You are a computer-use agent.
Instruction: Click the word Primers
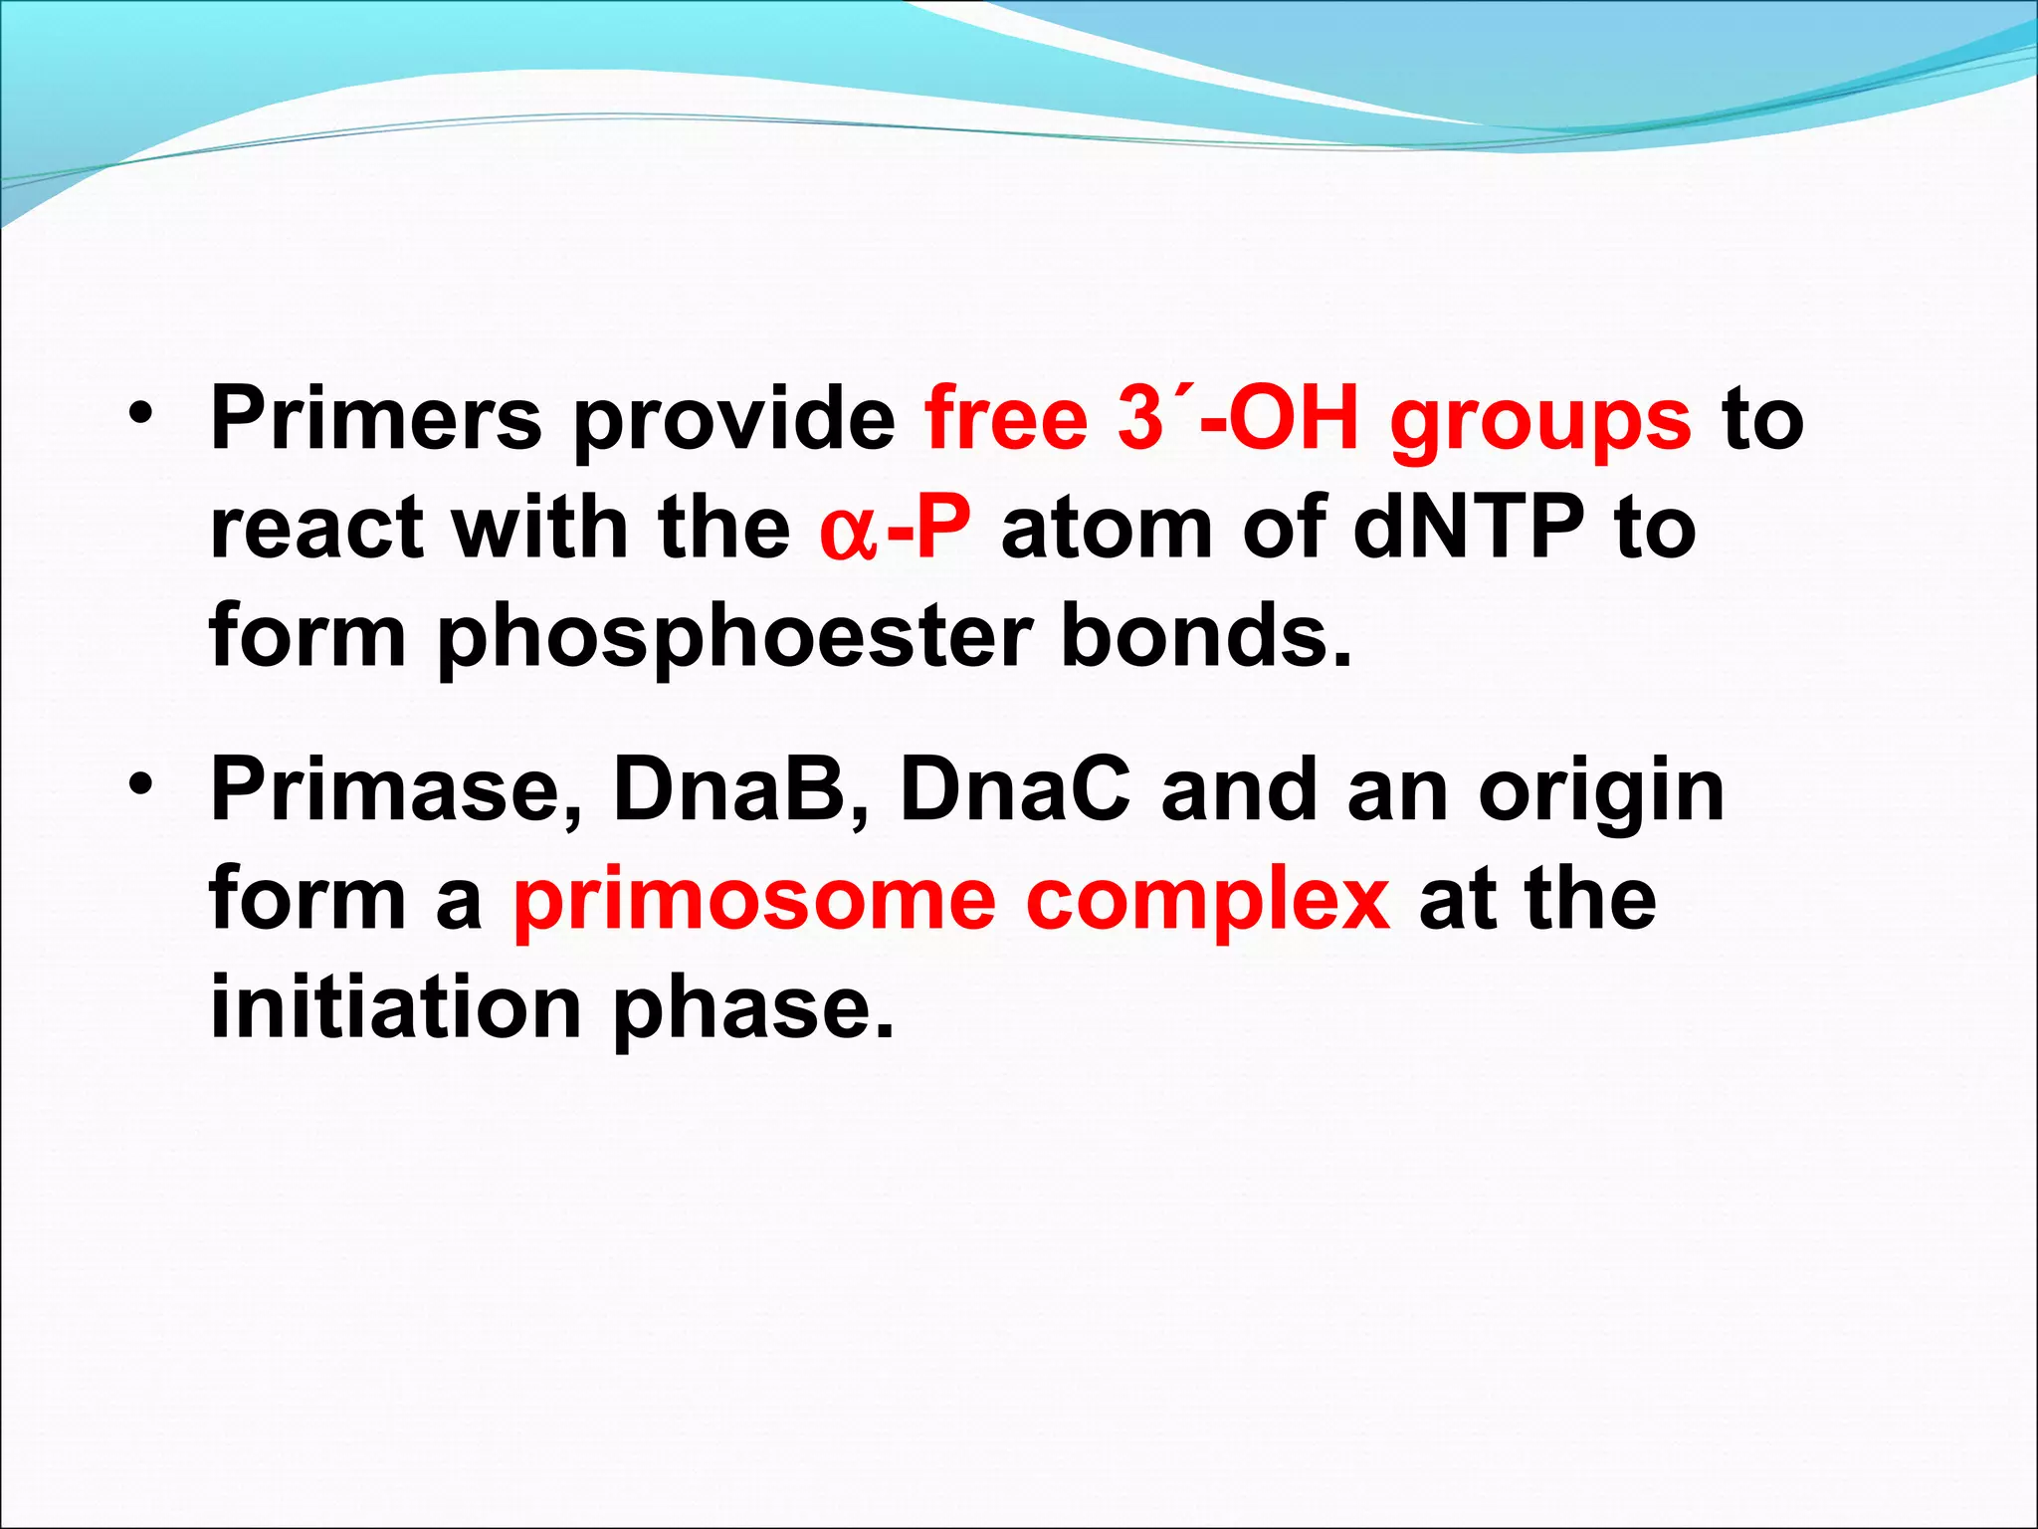point(376,418)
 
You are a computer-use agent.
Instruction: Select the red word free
point(1006,417)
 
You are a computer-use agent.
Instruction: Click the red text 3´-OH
point(1238,418)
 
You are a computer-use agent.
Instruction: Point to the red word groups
point(1540,424)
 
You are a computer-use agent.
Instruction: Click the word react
point(315,528)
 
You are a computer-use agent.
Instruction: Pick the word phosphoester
point(734,639)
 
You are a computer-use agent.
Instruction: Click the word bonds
point(1207,635)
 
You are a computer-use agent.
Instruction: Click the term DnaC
point(1015,790)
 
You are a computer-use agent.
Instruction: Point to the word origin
point(1601,796)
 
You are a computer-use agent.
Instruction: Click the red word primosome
point(754,905)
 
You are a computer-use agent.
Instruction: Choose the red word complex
point(1207,905)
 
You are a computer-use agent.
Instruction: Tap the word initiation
point(396,1006)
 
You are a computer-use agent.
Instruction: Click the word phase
point(752,1012)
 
